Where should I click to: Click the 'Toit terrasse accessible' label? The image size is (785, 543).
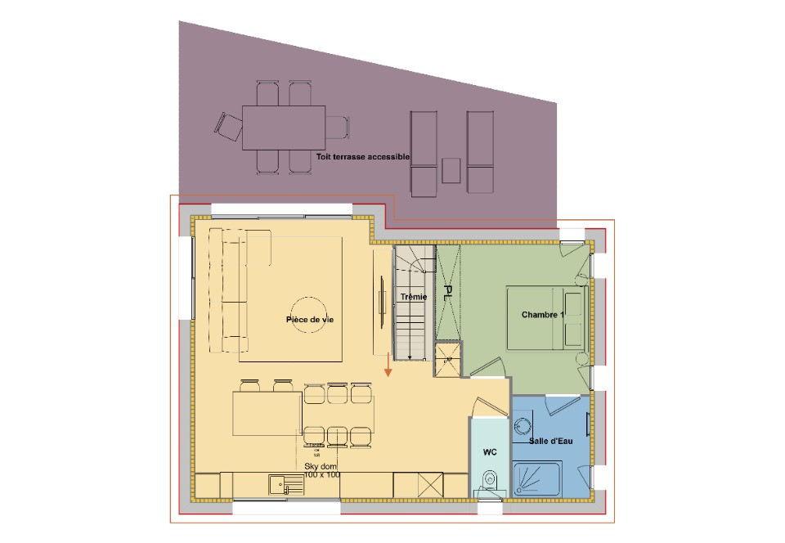362,155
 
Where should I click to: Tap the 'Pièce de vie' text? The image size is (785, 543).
309,320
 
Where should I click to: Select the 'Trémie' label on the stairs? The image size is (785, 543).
414,297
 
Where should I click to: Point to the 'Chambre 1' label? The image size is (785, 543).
542,315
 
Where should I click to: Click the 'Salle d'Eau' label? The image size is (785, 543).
549,441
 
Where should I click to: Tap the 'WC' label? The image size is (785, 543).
490,451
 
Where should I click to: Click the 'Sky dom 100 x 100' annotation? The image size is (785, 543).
321,469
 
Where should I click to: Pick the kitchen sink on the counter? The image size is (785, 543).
286,486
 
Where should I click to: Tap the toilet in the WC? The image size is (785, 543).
490,481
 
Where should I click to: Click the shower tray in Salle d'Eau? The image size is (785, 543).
536,478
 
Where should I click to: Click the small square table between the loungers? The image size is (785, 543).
451,171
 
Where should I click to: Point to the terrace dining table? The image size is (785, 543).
284,127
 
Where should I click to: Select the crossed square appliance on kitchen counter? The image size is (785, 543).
430,484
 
